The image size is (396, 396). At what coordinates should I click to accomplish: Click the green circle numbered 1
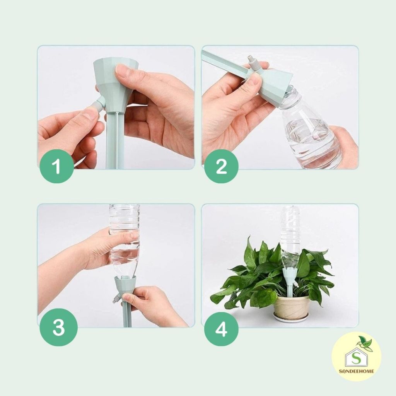pos(57,166)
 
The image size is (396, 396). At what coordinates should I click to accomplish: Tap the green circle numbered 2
pos(221,166)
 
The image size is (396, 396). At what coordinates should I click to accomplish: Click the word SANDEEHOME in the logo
pos(356,371)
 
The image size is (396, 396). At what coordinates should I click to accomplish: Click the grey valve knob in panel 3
pos(116,300)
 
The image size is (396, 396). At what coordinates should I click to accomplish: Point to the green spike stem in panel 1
pos(115,140)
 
